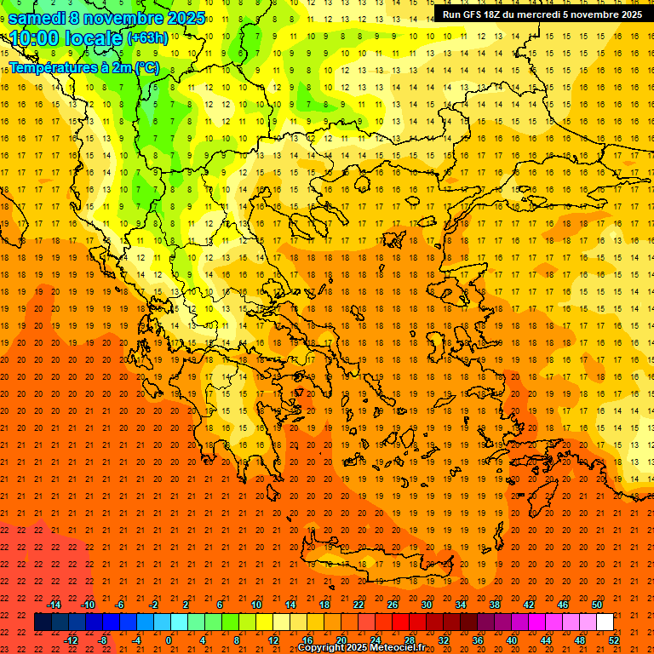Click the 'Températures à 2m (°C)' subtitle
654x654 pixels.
(83, 67)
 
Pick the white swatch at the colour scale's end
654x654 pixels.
(605, 622)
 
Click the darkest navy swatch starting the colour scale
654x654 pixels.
(43, 622)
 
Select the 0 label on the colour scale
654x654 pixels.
(169, 640)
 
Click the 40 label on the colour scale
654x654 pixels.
(511, 640)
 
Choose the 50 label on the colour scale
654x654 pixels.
(596, 604)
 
